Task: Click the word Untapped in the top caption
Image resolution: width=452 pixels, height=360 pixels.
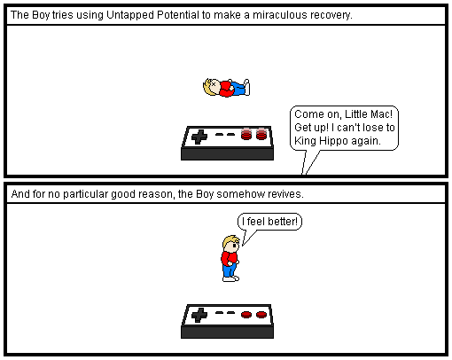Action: [x=130, y=15]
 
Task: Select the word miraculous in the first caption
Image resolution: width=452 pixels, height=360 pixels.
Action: [x=277, y=15]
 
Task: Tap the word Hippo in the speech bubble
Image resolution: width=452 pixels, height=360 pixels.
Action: [x=333, y=141]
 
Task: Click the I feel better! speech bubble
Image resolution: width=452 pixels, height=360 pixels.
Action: [x=269, y=222]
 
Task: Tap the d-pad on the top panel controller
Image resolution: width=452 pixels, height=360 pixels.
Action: [x=199, y=137]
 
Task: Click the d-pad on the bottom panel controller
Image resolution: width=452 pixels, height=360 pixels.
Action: [x=199, y=315]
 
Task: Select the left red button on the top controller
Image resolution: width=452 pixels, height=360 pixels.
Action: [x=246, y=134]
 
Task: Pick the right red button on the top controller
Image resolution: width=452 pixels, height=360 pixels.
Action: [x=261, y=134]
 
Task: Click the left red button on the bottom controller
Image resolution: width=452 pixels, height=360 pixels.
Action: [x=246, y=315]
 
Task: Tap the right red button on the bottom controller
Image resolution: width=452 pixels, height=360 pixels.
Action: [x=261, y=315]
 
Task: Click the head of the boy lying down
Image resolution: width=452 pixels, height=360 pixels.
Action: [x=212, y=87]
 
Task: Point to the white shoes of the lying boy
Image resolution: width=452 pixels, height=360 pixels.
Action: [x=246, y=87]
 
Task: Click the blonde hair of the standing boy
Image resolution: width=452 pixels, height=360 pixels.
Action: [x=229, y=241]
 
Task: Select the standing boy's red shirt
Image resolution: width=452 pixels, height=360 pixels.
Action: [x=229, y=259]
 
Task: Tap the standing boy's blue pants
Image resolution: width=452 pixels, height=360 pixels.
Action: [x=229, y=270]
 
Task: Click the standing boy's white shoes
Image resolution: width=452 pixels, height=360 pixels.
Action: [x=230, y=278]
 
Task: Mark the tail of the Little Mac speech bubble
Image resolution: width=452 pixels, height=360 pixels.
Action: [x=309, y=162]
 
